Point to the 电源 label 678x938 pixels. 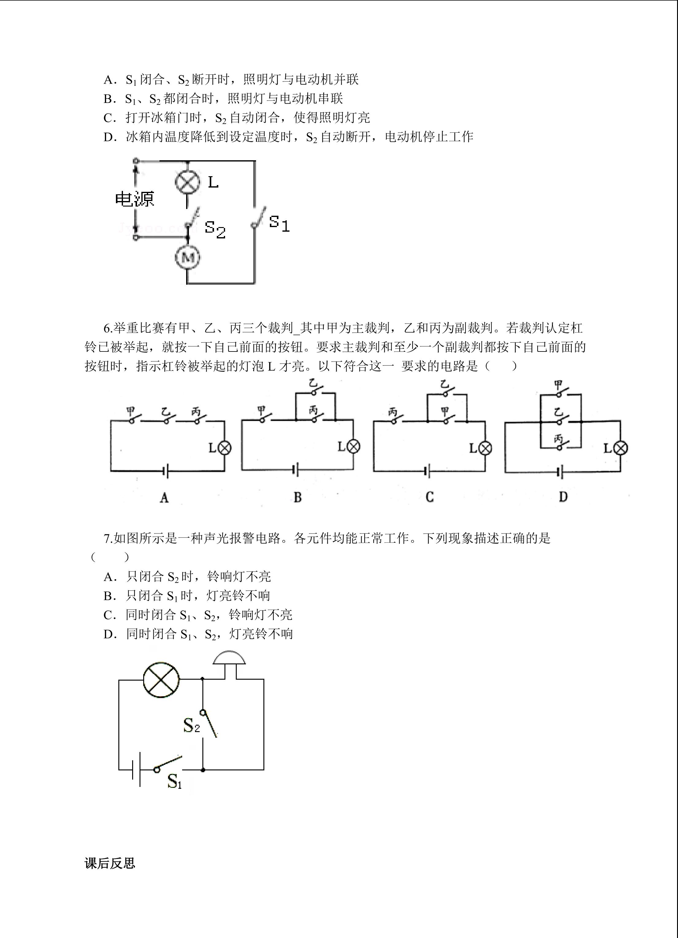(x=135, y=199)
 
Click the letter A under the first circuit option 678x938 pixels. (x=164, y=498)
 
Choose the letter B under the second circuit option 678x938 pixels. (x=298, y=497)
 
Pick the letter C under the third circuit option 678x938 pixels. (x=430, y=497)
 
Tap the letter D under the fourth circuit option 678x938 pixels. (x=563, y=497)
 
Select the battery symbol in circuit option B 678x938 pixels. (x=296, y=470)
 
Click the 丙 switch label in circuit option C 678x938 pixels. (x=393, y=412)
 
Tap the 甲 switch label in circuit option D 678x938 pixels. (x=558, y=385)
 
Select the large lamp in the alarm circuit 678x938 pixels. (x=161, y=679)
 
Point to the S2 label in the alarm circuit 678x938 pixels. (x=191, y=725)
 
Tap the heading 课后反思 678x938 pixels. (x=110, y=863)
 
